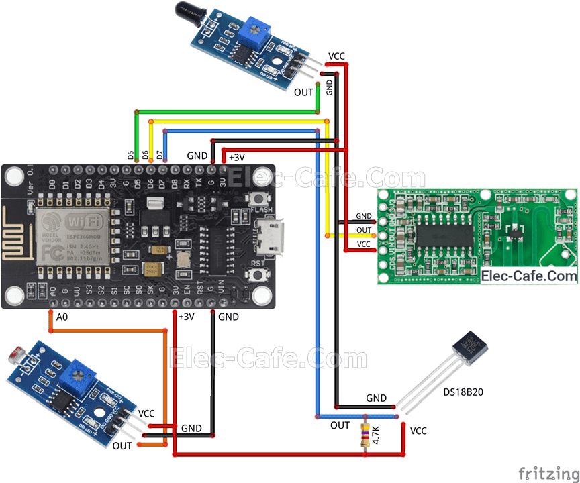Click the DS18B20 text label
coord(463,391)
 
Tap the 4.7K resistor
coord(365,435)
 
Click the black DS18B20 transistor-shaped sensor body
coord(470,350)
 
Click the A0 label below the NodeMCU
coord(62,317)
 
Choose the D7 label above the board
coord(160,155)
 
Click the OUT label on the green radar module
coord(364,230)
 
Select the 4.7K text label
coord(377,435)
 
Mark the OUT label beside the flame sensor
coord(303,93)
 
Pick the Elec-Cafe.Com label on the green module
coord(529,276)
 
